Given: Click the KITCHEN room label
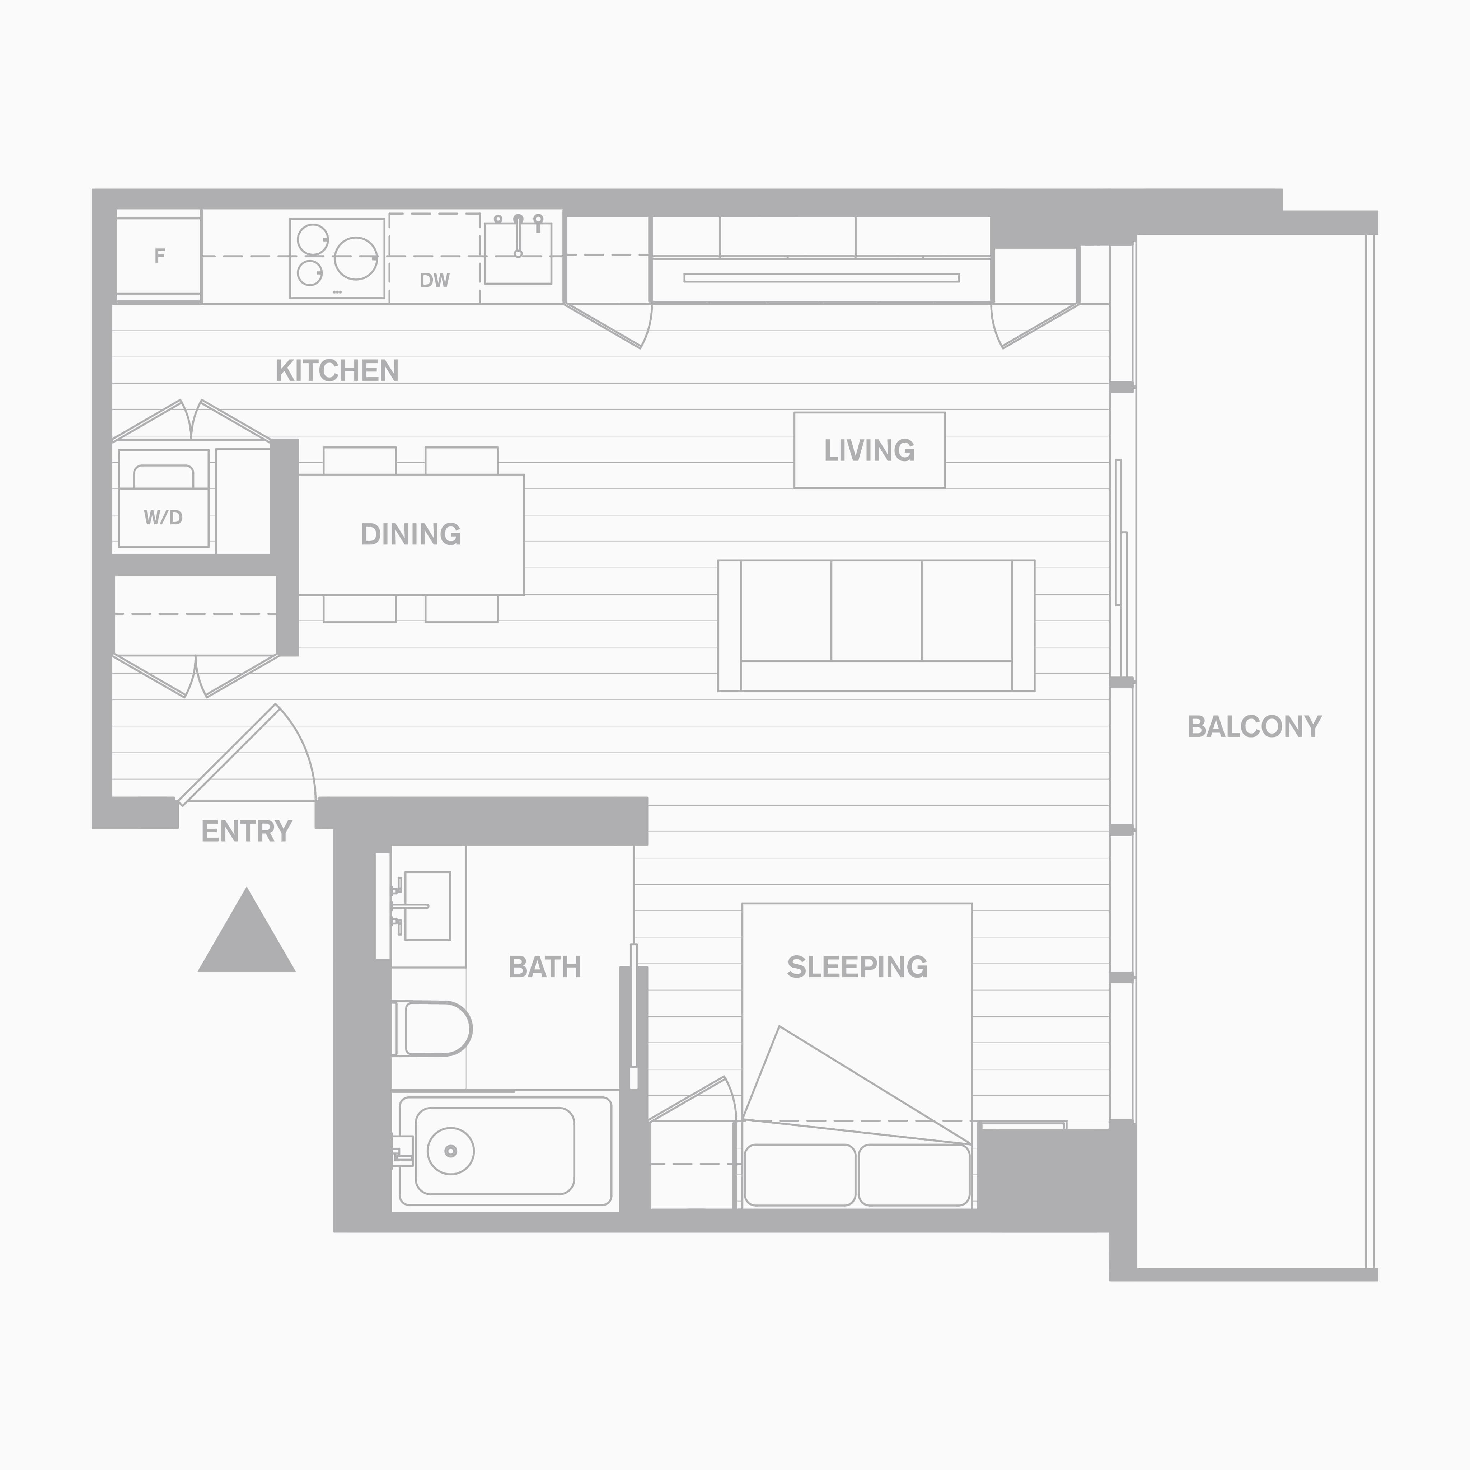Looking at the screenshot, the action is (337, 370).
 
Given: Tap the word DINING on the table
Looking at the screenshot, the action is (411, 534).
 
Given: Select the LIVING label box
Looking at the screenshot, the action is (870, 450).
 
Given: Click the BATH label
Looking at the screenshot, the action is (545, 967).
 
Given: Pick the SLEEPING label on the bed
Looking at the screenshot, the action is (857, 967).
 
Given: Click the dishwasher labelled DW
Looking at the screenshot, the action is (435, 258).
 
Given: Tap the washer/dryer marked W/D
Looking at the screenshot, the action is (164, 498).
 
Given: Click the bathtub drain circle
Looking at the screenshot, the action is (450, 1151).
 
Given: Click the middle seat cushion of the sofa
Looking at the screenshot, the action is (876, 610).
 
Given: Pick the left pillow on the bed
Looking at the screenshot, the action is (800, 1175).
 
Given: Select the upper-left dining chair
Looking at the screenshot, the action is (360, 461).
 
